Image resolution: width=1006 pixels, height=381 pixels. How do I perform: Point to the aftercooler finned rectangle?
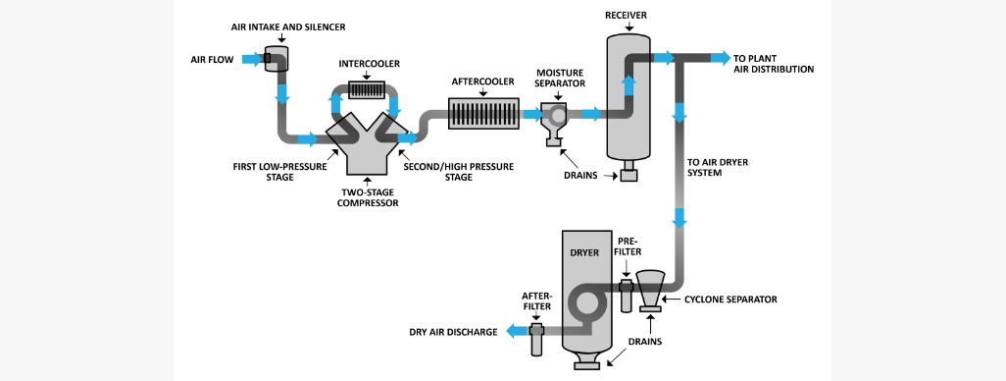pyautogui.click(x=483, y=114)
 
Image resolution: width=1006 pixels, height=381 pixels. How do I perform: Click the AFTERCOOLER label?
pyautogui.click(x=482, y=82)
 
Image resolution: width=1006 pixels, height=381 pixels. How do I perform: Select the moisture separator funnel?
pyautogui.click(x=556, y=120)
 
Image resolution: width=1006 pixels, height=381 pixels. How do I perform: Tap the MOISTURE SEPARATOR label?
pyautogui.click(x=560, y=78)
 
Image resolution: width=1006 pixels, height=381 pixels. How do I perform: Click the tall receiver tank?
pyautogui.click(x=628, y=98)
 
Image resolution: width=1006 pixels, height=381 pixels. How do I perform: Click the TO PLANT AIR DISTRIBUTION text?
pyautogui.click(x=774, y=64)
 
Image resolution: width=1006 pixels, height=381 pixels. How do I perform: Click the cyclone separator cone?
pyautogui.click(x=649, y=287)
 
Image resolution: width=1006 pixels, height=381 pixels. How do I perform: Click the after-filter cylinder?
pyautogui.click(x=536, y=339)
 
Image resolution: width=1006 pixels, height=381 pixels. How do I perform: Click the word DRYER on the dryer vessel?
pyautogui.click(x=583, y=252)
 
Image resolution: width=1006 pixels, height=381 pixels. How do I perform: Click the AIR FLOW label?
pyautogui.click(x=212, y=59)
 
